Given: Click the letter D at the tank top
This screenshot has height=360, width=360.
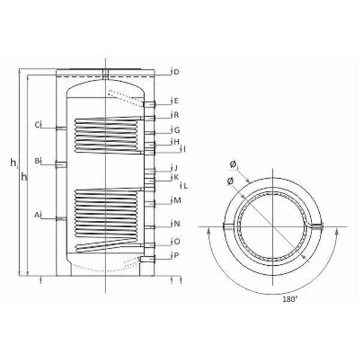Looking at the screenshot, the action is point(176,72).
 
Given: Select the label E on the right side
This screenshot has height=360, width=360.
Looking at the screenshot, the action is point(176,101).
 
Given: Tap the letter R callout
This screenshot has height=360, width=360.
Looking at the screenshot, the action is point(176,115).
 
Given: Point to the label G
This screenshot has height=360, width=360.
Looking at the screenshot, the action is point(177,130).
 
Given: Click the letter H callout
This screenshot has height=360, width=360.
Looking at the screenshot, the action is point(176,142).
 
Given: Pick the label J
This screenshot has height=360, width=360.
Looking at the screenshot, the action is point(176,168).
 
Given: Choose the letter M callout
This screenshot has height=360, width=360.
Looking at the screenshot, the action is point(177,200).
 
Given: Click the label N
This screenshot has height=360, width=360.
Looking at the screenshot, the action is point(176,224).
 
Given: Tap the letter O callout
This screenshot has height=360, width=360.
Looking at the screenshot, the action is point(177,242).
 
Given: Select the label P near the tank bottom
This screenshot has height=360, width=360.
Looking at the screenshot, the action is point(176,256).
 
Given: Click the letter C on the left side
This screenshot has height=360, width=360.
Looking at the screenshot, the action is point(37,125).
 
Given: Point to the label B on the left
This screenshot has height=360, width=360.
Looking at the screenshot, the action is point(37,161).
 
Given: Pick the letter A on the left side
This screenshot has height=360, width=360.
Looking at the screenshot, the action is point(37,215).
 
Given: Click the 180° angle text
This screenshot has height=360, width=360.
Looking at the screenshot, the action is point(290,299).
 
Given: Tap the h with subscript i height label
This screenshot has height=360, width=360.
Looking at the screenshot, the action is point(14,163).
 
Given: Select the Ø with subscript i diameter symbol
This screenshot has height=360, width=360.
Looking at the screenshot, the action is point(234,166).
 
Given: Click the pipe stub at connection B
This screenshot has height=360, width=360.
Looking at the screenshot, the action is point(61,165).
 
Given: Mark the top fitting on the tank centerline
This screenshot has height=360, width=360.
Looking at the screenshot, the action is point(106,74).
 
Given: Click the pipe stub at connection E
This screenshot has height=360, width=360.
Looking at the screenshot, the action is point(149,104).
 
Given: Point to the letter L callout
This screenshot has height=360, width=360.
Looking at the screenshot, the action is point(185,186).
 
